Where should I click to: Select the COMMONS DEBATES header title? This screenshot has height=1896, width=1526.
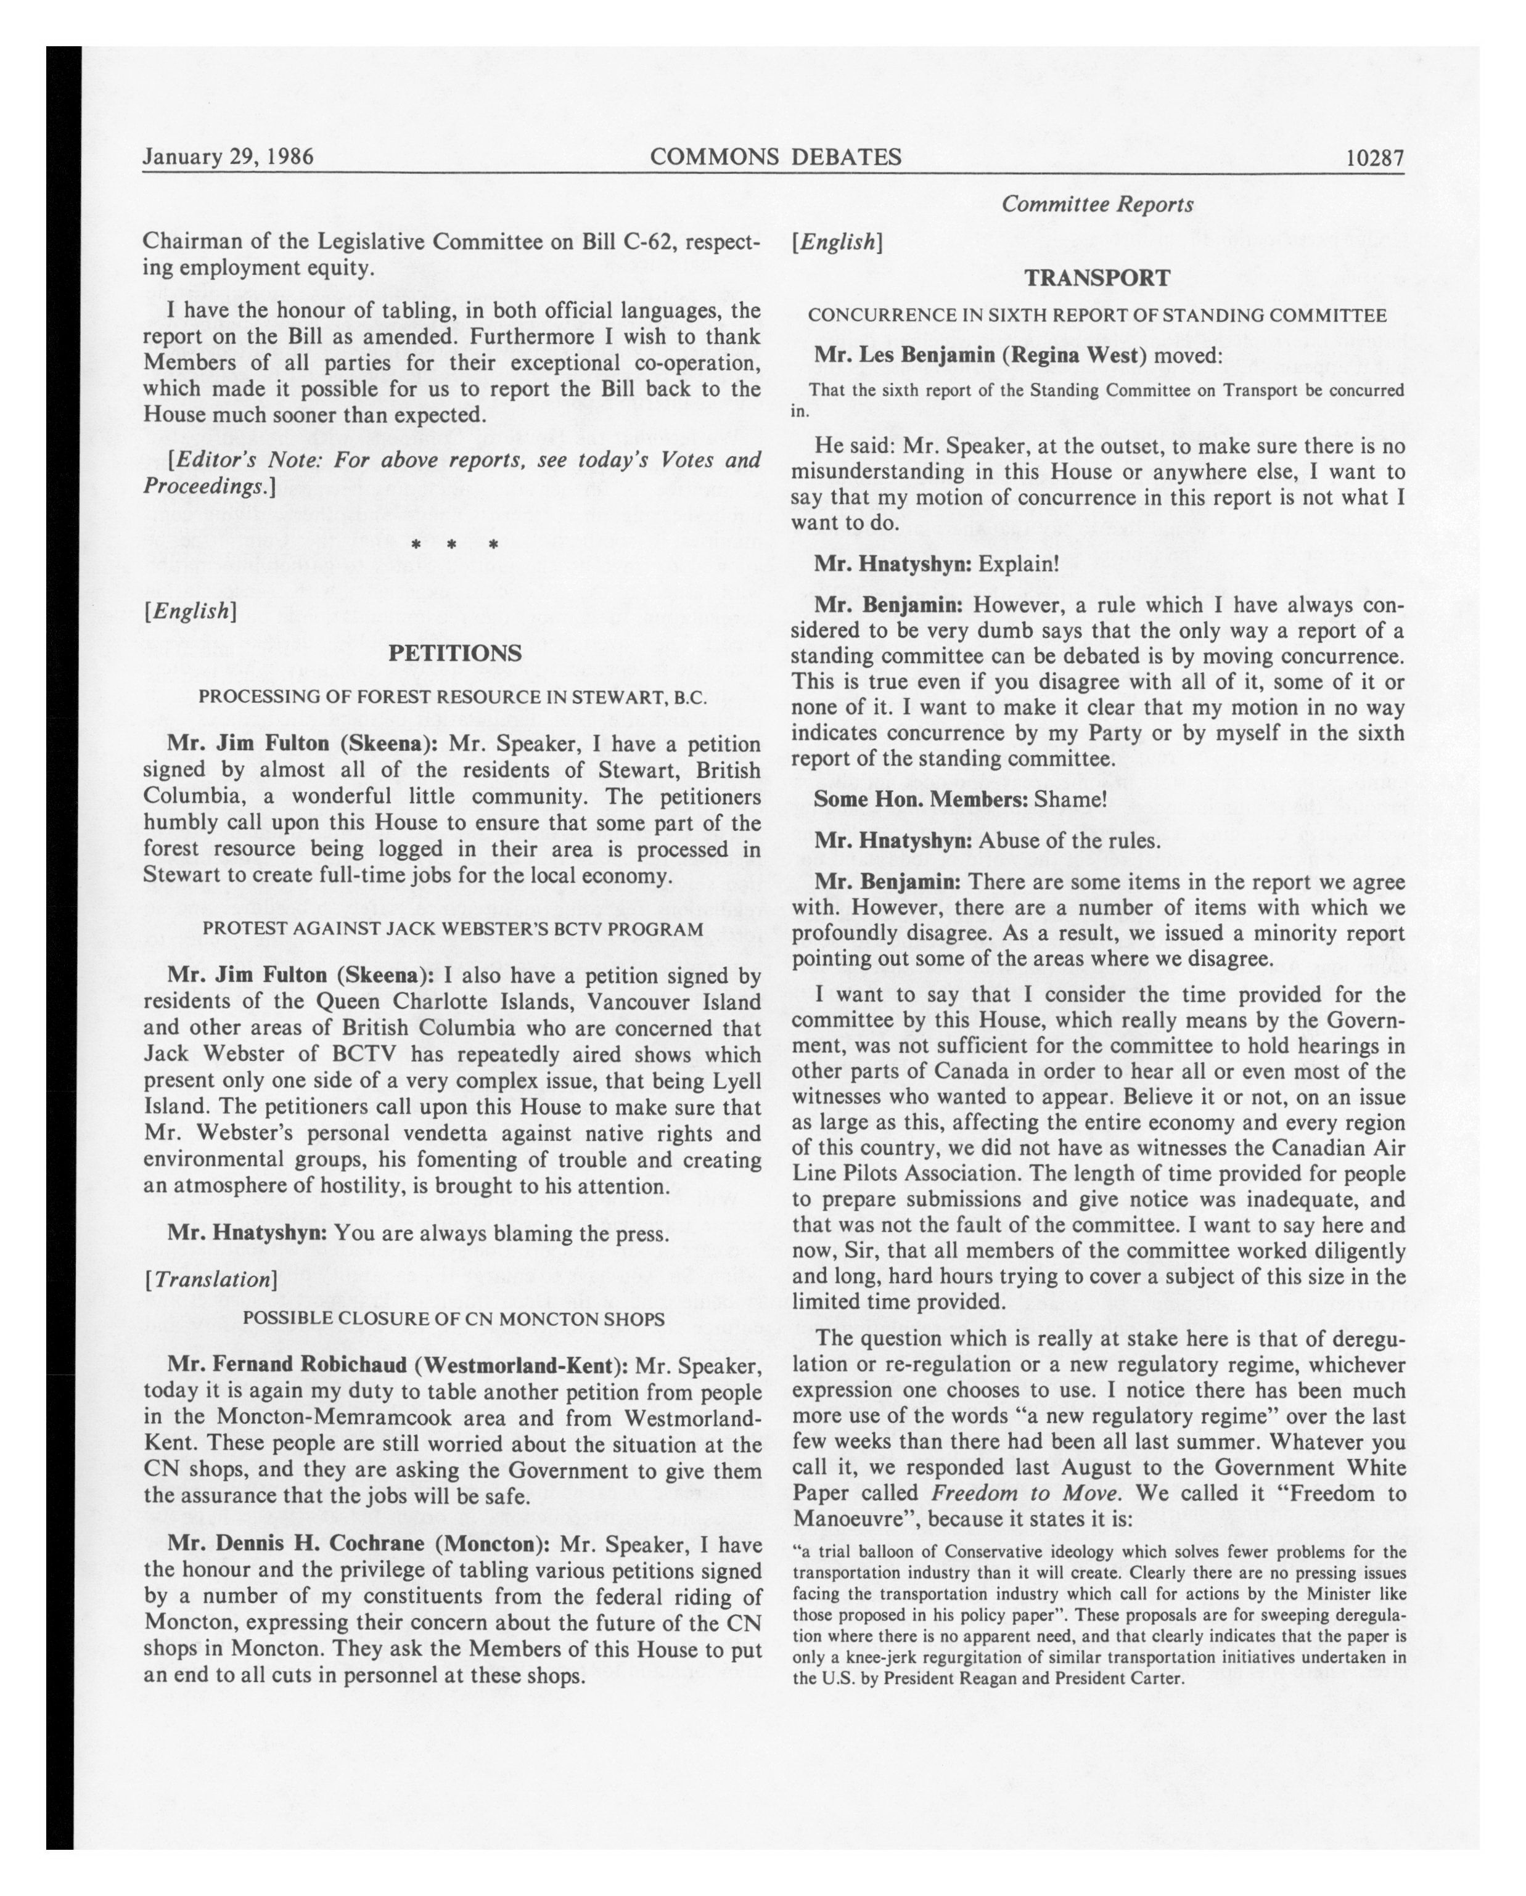(x=775, y=157)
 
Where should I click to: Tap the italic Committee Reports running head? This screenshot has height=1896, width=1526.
(x=1097, y=204)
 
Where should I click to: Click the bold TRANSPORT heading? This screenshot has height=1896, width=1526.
(x=1097, y=278)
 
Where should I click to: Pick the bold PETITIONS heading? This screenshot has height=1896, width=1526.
(x=455, y=653)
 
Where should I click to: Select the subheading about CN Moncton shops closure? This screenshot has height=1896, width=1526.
(x=453, y=1318)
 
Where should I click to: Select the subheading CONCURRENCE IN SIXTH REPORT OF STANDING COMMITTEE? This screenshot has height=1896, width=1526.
(x=1097, y=315)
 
